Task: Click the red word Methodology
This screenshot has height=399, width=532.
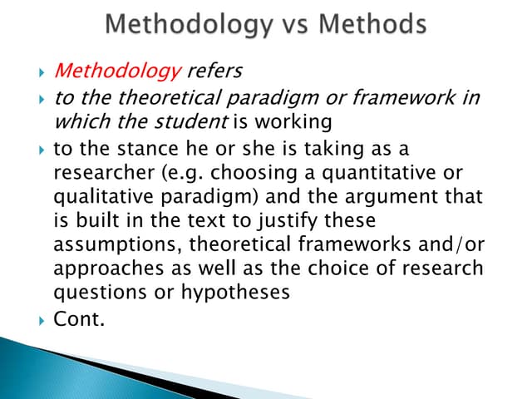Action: tap(117, 76)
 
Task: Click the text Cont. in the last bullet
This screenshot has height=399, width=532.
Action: tap(79, 317)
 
